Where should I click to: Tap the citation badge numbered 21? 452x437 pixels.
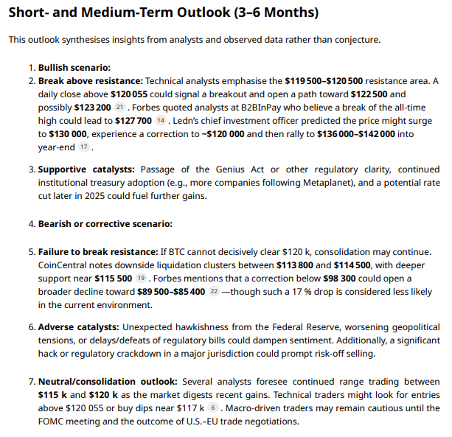click(121, 108)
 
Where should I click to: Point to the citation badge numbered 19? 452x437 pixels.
click(142, 279)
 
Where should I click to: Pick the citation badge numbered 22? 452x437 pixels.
click(214, 292)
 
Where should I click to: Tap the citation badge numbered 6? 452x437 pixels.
click(213, 408)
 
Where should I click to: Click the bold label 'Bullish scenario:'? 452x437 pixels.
click(73, 67)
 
